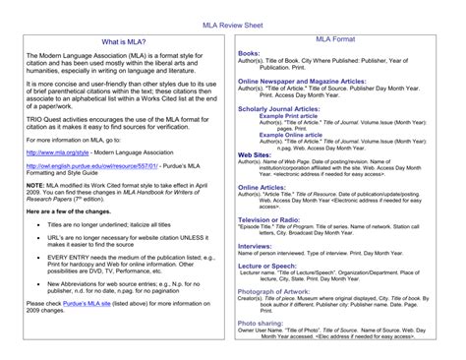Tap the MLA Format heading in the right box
(x=335, y=40)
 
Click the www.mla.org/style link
(x=58, y=152)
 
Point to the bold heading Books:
(x=249, y=53)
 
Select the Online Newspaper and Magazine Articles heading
(x=302, y=80)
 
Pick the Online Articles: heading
(x=262, y=187)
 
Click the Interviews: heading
(x=255, y=246)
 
